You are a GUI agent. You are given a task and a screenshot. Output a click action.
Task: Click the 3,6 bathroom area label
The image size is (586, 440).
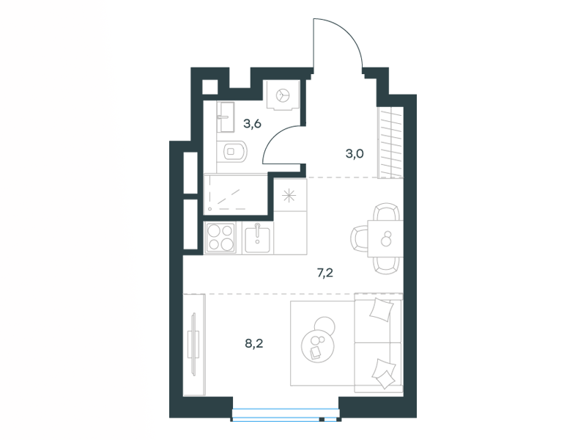click(x=252, y=124)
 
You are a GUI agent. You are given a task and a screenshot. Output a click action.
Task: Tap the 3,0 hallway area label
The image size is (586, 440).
click(x=355, y=154)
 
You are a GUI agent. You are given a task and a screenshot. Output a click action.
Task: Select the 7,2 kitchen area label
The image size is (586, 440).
click(x=324, y=273)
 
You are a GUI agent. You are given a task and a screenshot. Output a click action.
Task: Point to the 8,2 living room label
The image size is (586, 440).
click(x=254, y=343)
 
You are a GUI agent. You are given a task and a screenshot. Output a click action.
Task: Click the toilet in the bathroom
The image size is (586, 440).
click(x=234, y=152)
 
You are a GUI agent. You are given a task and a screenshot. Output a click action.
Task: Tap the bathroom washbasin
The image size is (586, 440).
click(x=226, y=117)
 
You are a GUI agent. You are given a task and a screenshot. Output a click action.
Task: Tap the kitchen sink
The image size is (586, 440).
click(x=258, y=239)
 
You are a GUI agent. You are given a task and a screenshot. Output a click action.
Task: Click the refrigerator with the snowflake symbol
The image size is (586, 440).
click(x=289, y=195)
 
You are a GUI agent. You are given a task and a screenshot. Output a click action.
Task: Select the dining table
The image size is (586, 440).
click(x=385, y=239)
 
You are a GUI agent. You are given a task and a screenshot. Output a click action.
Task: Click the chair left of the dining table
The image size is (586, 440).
click(x=359, y=239)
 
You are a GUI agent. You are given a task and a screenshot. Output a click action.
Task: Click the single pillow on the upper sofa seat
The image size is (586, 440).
click(x=382, y=309)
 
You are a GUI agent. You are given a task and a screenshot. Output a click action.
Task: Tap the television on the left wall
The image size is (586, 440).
click(x=194, y=343)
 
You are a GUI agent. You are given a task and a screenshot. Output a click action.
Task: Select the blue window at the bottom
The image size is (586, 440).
click(x=286, y=415)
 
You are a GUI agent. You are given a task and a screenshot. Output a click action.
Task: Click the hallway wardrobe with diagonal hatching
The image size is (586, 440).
click(x=391, y=142)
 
